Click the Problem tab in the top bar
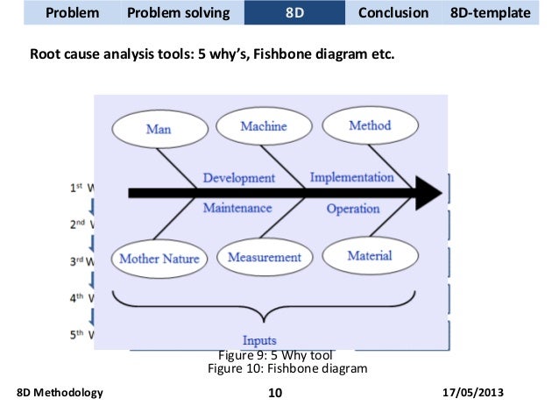[72, 14]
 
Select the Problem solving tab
[179, 14]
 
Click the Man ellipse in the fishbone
[159, 129]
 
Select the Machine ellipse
[263, 126]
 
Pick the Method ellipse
[369, 125]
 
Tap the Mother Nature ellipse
[159, 259]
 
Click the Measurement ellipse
[264, 257]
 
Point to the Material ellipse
[369, 255]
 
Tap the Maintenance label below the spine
[237, 209]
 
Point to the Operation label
[353, 209]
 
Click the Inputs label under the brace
[259, 340]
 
